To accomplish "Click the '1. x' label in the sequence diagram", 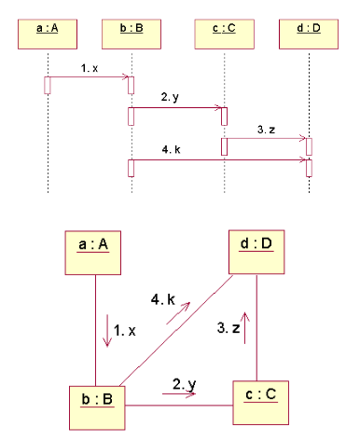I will tap(89, 69).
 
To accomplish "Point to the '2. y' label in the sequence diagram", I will tap(171, 98).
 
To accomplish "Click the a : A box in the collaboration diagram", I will tap(94, 246).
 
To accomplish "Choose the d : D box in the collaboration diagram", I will tap(256, 247).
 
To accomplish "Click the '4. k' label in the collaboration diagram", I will tap(163, 299).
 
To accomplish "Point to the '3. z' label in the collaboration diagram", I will tap(229, 327).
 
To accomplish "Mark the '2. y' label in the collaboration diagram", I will tap(184, 383).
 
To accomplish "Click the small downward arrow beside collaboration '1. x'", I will tap(107, 332).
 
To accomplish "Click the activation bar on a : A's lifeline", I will tap(46, 84).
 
